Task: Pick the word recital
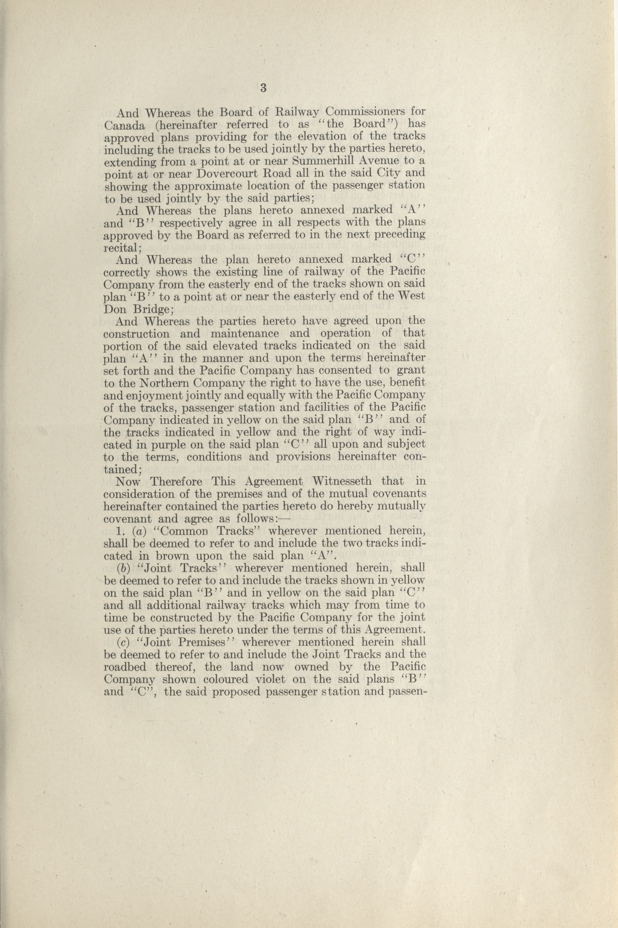pos(120,248)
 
